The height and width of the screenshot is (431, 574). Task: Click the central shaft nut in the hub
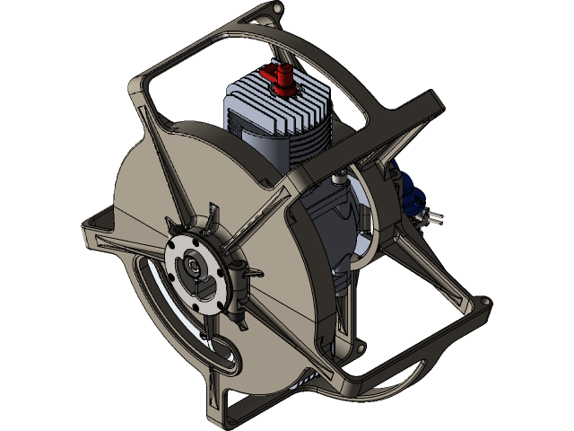pos(194,268)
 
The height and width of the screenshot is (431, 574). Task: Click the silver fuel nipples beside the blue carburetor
pos(428,215)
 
